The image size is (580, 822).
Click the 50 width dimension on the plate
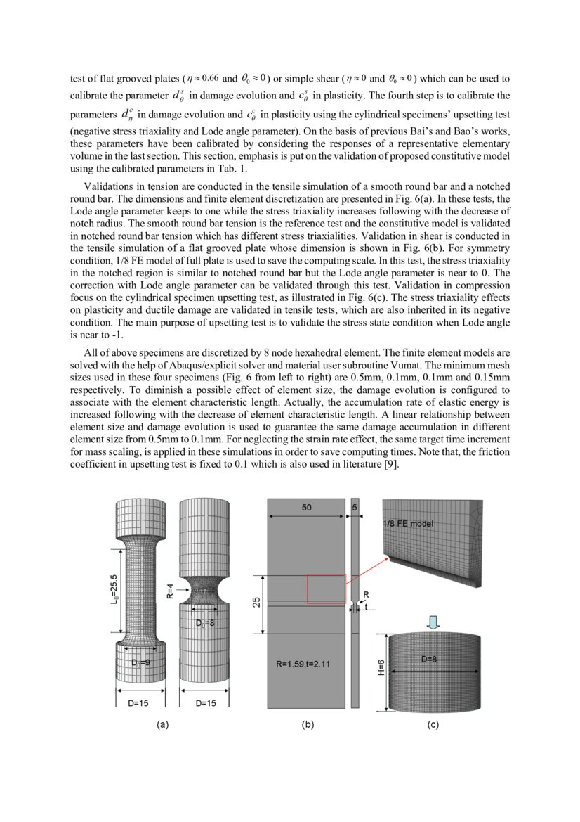tap(307, 508)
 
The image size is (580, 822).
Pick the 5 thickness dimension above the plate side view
tap(355, 508)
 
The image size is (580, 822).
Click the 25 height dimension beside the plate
tap(256, 602)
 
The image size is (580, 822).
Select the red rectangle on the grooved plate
tap(327, 589)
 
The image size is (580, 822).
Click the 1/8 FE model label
tap(408, 524)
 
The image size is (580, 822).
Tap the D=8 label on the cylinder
tap(431, 659)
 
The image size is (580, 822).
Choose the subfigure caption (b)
tap(307, 724)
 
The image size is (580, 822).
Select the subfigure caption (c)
tap(433, 724)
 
